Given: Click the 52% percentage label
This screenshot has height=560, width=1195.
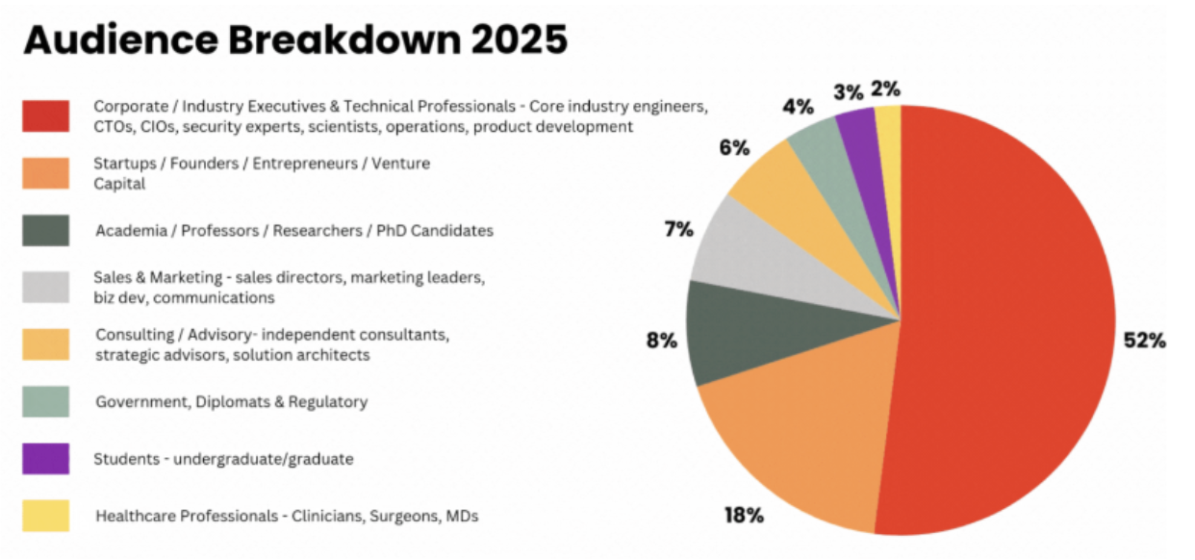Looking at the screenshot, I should tap(1145, 341).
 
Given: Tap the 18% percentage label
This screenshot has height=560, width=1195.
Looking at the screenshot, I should tap(744, 515).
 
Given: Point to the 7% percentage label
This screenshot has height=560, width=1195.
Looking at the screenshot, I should tap(678, 230).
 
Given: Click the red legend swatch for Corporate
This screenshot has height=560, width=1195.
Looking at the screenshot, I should tap(45, 115).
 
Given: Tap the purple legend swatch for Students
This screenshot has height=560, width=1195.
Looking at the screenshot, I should tap(45, 459).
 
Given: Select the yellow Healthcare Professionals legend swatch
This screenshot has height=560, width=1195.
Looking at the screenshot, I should tap(45, 516).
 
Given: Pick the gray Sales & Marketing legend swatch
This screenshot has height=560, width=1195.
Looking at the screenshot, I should tap(45, 287).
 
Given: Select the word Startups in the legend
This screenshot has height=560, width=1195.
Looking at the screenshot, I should tap(125, 164).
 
